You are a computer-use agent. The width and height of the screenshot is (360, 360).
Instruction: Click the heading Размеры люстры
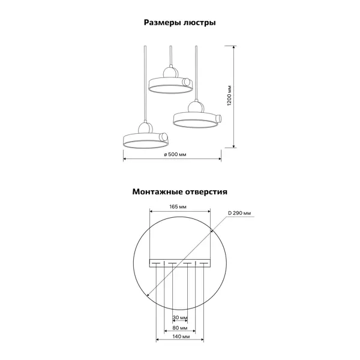pos(180,23)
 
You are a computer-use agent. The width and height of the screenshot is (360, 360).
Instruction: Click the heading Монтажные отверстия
pos(180,192)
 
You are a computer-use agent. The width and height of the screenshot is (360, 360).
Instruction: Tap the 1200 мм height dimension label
pos(229,96)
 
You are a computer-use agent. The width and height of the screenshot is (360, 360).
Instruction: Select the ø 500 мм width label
pos(175,155)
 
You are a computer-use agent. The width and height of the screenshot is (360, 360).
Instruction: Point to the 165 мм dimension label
pos(178,207)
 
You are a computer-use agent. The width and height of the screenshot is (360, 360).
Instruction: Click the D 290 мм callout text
pos(239,213)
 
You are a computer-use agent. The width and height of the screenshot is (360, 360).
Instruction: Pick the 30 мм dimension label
pos(180,318)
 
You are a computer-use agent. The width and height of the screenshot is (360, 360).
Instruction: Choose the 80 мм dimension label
pos(180,328)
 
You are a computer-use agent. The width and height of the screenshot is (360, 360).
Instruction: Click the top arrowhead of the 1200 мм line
pos(234,47)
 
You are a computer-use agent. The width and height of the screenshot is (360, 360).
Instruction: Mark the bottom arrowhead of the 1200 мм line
pos(234,146)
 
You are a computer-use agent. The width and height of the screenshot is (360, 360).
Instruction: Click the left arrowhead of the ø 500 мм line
pos(125,158)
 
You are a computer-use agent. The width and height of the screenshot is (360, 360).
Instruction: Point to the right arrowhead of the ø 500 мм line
pos(220,158)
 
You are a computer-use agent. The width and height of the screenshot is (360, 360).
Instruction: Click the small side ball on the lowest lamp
pos(164,137)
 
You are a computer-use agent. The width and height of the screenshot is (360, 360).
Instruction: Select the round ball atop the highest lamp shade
pos(170,73)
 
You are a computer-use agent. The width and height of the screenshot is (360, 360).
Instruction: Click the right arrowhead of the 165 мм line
pos(209,211)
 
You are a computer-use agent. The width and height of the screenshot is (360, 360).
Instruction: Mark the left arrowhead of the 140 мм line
pos(157,340)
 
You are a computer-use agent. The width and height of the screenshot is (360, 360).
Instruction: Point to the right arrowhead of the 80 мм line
pos(194,331)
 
